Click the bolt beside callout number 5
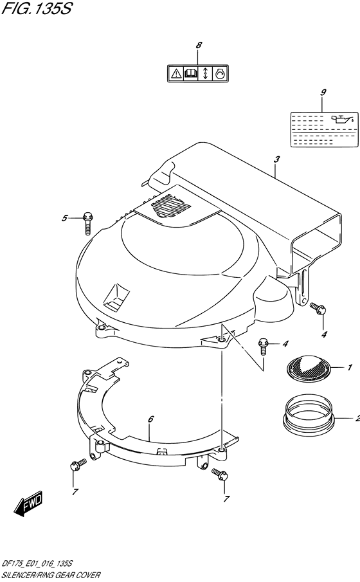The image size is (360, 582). click(x=87, y=222)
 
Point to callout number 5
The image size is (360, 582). click(x=65, y=218)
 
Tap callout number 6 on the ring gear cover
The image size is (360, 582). click(x=150, y=419)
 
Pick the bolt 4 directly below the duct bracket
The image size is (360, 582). click(x=316, y=309)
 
